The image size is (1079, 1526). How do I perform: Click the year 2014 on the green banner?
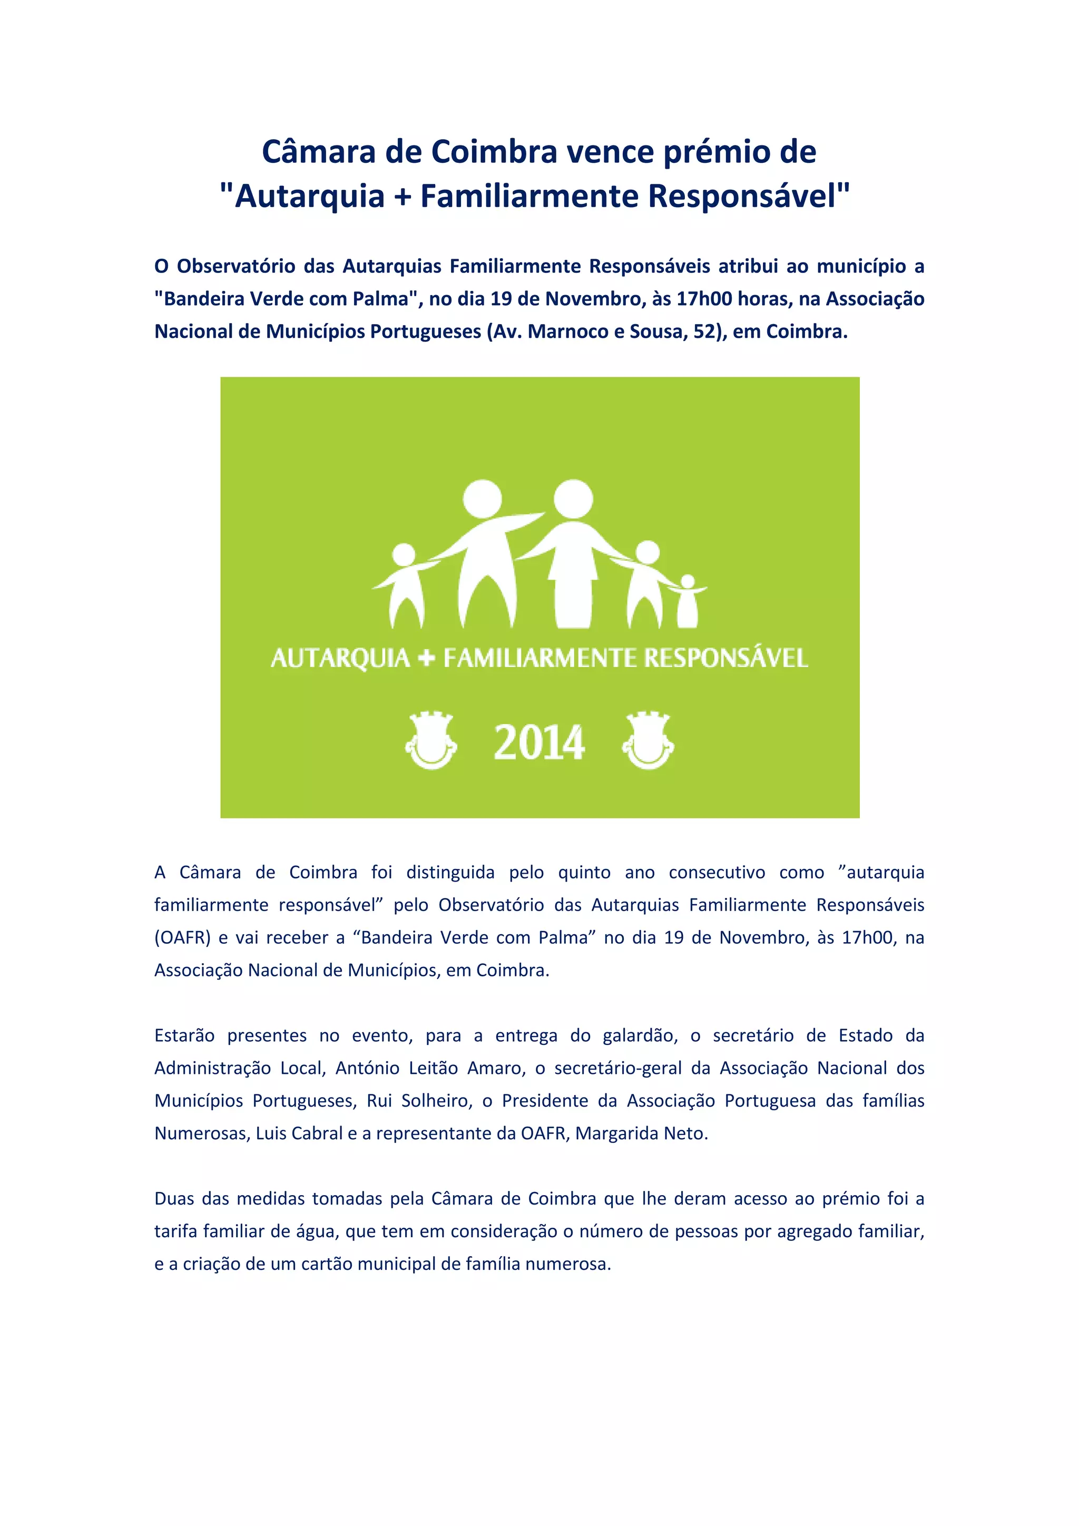[x=539, y=742]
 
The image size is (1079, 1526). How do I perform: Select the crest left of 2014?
[x=430, y=741]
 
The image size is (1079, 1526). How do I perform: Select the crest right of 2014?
[x=648, y=741]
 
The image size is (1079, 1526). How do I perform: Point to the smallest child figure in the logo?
[x=687, y=601]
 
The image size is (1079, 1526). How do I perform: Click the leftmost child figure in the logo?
[x=404, y=585]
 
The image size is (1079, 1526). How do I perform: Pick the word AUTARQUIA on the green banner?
[x=340, y=659]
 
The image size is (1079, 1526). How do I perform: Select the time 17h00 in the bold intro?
[x=703, y=299]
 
